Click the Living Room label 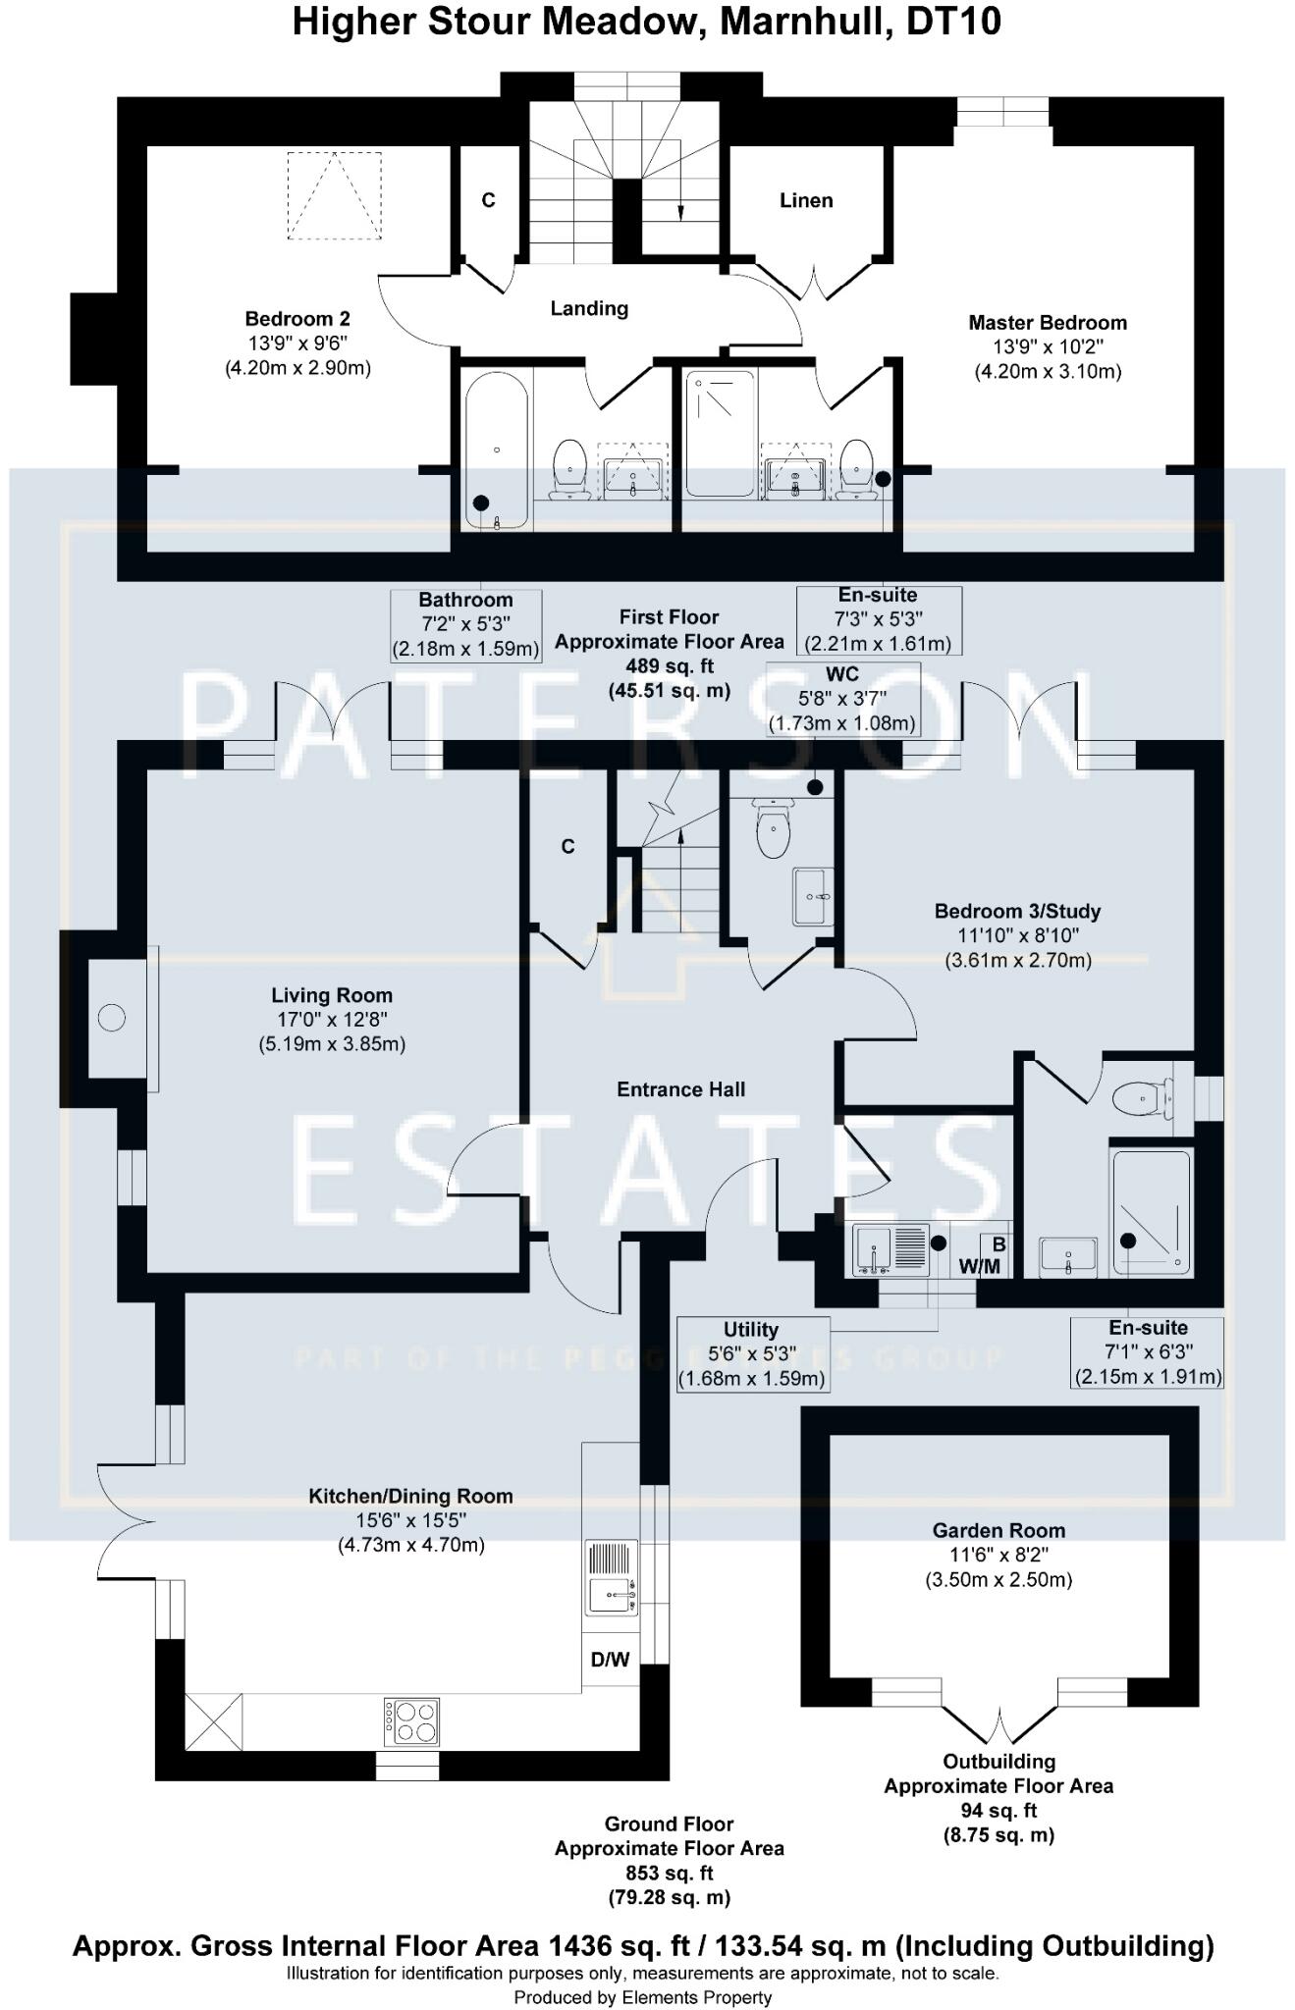(332, 995)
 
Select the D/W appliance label (610, 1660)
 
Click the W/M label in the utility (979, 1266)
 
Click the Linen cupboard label (806, 200)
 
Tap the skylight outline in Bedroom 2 (334, 195)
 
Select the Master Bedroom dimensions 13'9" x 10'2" (1048, 346)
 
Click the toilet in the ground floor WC (774, 830)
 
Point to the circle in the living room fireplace (112, 1018)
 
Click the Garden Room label (998, 1530)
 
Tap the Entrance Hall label (680, 1089)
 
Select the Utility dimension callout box (752, 1354)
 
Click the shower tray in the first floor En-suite (721, 433)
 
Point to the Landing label (589, 308)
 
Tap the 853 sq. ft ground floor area (669, 1873)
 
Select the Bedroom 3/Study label (1017, 911)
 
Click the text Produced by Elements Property (642, 1997)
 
